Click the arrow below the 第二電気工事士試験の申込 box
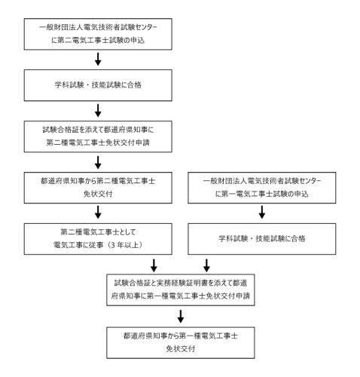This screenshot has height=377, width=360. point(98,60)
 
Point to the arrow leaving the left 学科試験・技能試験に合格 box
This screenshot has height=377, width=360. point(98,111)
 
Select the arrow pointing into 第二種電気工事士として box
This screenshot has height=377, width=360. point(98,213)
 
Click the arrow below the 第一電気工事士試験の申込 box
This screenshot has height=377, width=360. point(262,213)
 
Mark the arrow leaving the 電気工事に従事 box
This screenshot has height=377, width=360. point(154,265)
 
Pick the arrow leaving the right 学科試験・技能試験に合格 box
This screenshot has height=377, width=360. point(206,265)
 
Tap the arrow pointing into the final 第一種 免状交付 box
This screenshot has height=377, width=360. point(181,317)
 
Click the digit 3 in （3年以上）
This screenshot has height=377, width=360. point(113,245)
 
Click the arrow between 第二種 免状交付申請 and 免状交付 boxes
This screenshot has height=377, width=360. point(98,162)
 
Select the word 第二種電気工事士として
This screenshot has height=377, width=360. point(98,232)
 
